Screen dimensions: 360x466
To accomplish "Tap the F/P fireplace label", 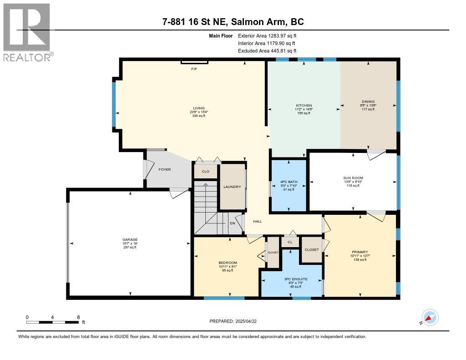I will pos(194,69).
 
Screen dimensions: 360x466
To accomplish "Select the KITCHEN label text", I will pos(303,106).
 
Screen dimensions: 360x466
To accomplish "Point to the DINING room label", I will pos(368,101).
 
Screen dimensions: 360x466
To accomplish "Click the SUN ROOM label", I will pos(352,177).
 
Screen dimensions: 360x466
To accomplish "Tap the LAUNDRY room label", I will pos(232,187).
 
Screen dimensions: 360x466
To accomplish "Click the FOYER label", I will pos(164,169).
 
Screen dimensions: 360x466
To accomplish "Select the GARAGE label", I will pos(130,239).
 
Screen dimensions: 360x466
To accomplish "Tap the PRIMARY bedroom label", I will pos(360,252).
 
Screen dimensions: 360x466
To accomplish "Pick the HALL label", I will pos(258,221).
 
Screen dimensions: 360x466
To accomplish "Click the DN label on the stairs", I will pos(232,223).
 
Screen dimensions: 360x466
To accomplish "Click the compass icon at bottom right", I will pos(430,318).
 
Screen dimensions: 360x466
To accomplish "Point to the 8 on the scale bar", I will pos(78,317).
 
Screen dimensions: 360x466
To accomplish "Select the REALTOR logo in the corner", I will pos(27,32).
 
